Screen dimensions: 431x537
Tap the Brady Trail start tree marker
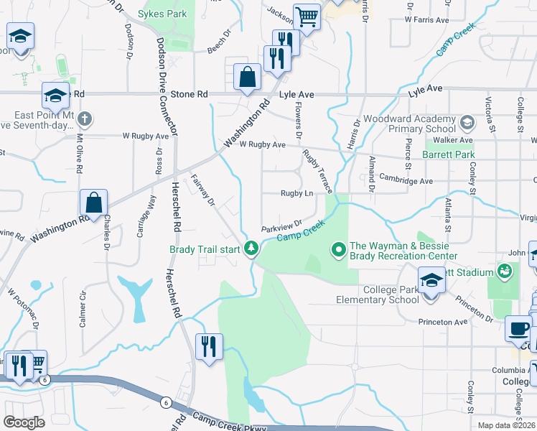(x=251, y=249)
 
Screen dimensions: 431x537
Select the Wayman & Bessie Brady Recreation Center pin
(x=338, y=249)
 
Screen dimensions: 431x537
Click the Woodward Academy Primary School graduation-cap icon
(x=467, y=122)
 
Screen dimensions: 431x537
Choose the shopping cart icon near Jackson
(x=307, y=17)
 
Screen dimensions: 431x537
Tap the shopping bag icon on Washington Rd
(x=94, y=203)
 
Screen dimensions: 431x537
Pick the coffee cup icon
(x=518, y=328)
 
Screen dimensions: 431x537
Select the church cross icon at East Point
(x=84, y=119)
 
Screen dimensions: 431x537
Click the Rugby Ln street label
(x=297, y=193)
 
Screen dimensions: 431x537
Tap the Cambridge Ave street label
(x=406, y=181)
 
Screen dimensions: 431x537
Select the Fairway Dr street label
(x=203, y=191)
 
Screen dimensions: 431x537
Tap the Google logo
(x=24, y=422)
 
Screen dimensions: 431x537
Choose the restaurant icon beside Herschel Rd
(x=209, y=347)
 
